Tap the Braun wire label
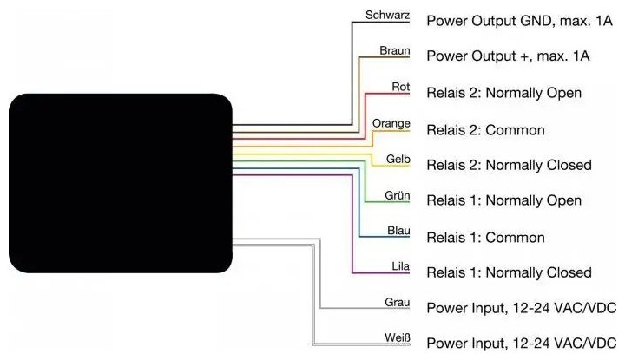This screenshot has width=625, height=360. coord(394,51)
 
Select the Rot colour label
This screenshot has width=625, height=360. coord(400,87)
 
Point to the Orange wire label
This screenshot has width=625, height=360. coord(391,123)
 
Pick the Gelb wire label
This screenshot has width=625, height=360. coord(398,160)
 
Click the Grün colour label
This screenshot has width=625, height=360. coord(397,195)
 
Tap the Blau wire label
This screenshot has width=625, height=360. coord(398,232)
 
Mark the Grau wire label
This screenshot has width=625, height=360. coord(397,303)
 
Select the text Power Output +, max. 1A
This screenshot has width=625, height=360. coord(508,56)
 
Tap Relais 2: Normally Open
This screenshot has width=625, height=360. coord(503,93)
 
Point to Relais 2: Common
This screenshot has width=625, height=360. coord(485,130)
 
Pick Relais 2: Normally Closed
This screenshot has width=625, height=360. coord(509,165)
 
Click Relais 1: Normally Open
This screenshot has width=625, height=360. coord(503,201)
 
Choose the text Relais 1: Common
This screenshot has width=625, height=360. coord(485,238)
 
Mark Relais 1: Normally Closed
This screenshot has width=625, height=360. coord(509,273)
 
